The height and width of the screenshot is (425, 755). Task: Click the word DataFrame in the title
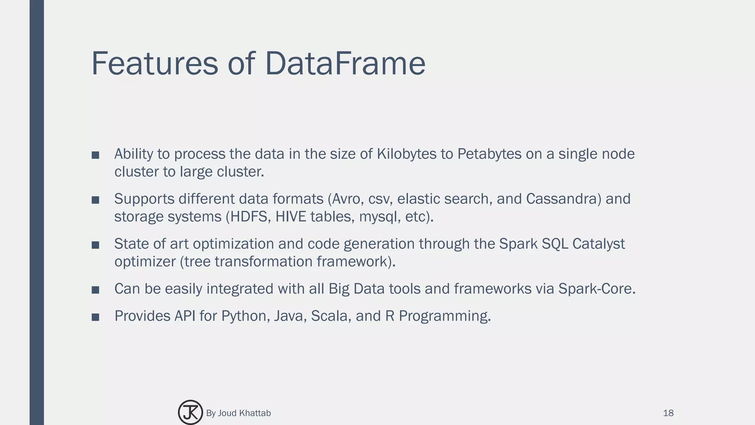[345, 63]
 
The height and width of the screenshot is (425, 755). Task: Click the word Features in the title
[155, 63]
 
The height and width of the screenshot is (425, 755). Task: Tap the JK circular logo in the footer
[190, 412]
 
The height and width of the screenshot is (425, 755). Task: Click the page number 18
[668, 413]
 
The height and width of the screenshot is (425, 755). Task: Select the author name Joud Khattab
[244, 413]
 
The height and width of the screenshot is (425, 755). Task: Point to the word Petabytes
[489, 154]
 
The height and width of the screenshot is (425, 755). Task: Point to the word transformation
[263, 262]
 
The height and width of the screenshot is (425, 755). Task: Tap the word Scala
[329, 316]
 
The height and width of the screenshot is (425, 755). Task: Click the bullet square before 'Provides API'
[95, 317]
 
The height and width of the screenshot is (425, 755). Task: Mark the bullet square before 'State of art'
[95, 245]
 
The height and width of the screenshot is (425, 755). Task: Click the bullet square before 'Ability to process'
[95, 155]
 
